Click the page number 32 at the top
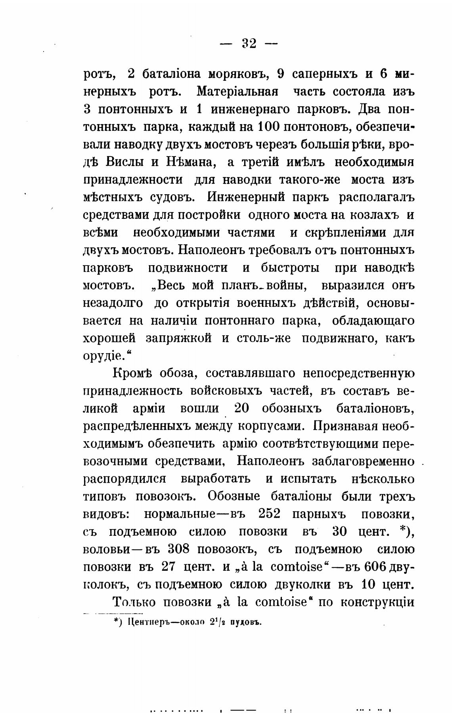(x=249, y=43)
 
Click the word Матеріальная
(x=237, y=92)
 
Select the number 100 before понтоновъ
(x=269, y=127)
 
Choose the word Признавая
(x=346, y=426)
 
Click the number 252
(x=269, y=514)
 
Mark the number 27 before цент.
(x=171, y=567)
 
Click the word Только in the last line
(x=134, y=602)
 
